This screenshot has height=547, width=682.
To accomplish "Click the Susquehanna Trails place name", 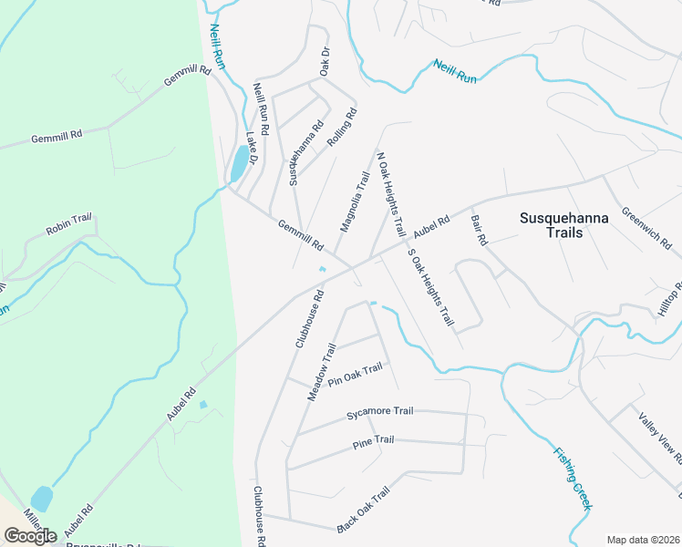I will point(563,225).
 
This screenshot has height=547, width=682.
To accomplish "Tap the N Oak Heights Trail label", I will point(390,194).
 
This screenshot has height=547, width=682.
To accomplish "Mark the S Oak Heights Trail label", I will point(431,287).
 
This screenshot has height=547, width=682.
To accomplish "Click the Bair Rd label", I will point(480,230).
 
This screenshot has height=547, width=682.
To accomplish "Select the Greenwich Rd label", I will point(646,227).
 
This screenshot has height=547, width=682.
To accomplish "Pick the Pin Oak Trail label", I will point(355,375).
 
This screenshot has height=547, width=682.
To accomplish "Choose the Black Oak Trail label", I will point(363,510).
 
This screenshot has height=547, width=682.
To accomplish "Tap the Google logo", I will point(30,535).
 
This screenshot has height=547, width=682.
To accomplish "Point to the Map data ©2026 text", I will point(643,540).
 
